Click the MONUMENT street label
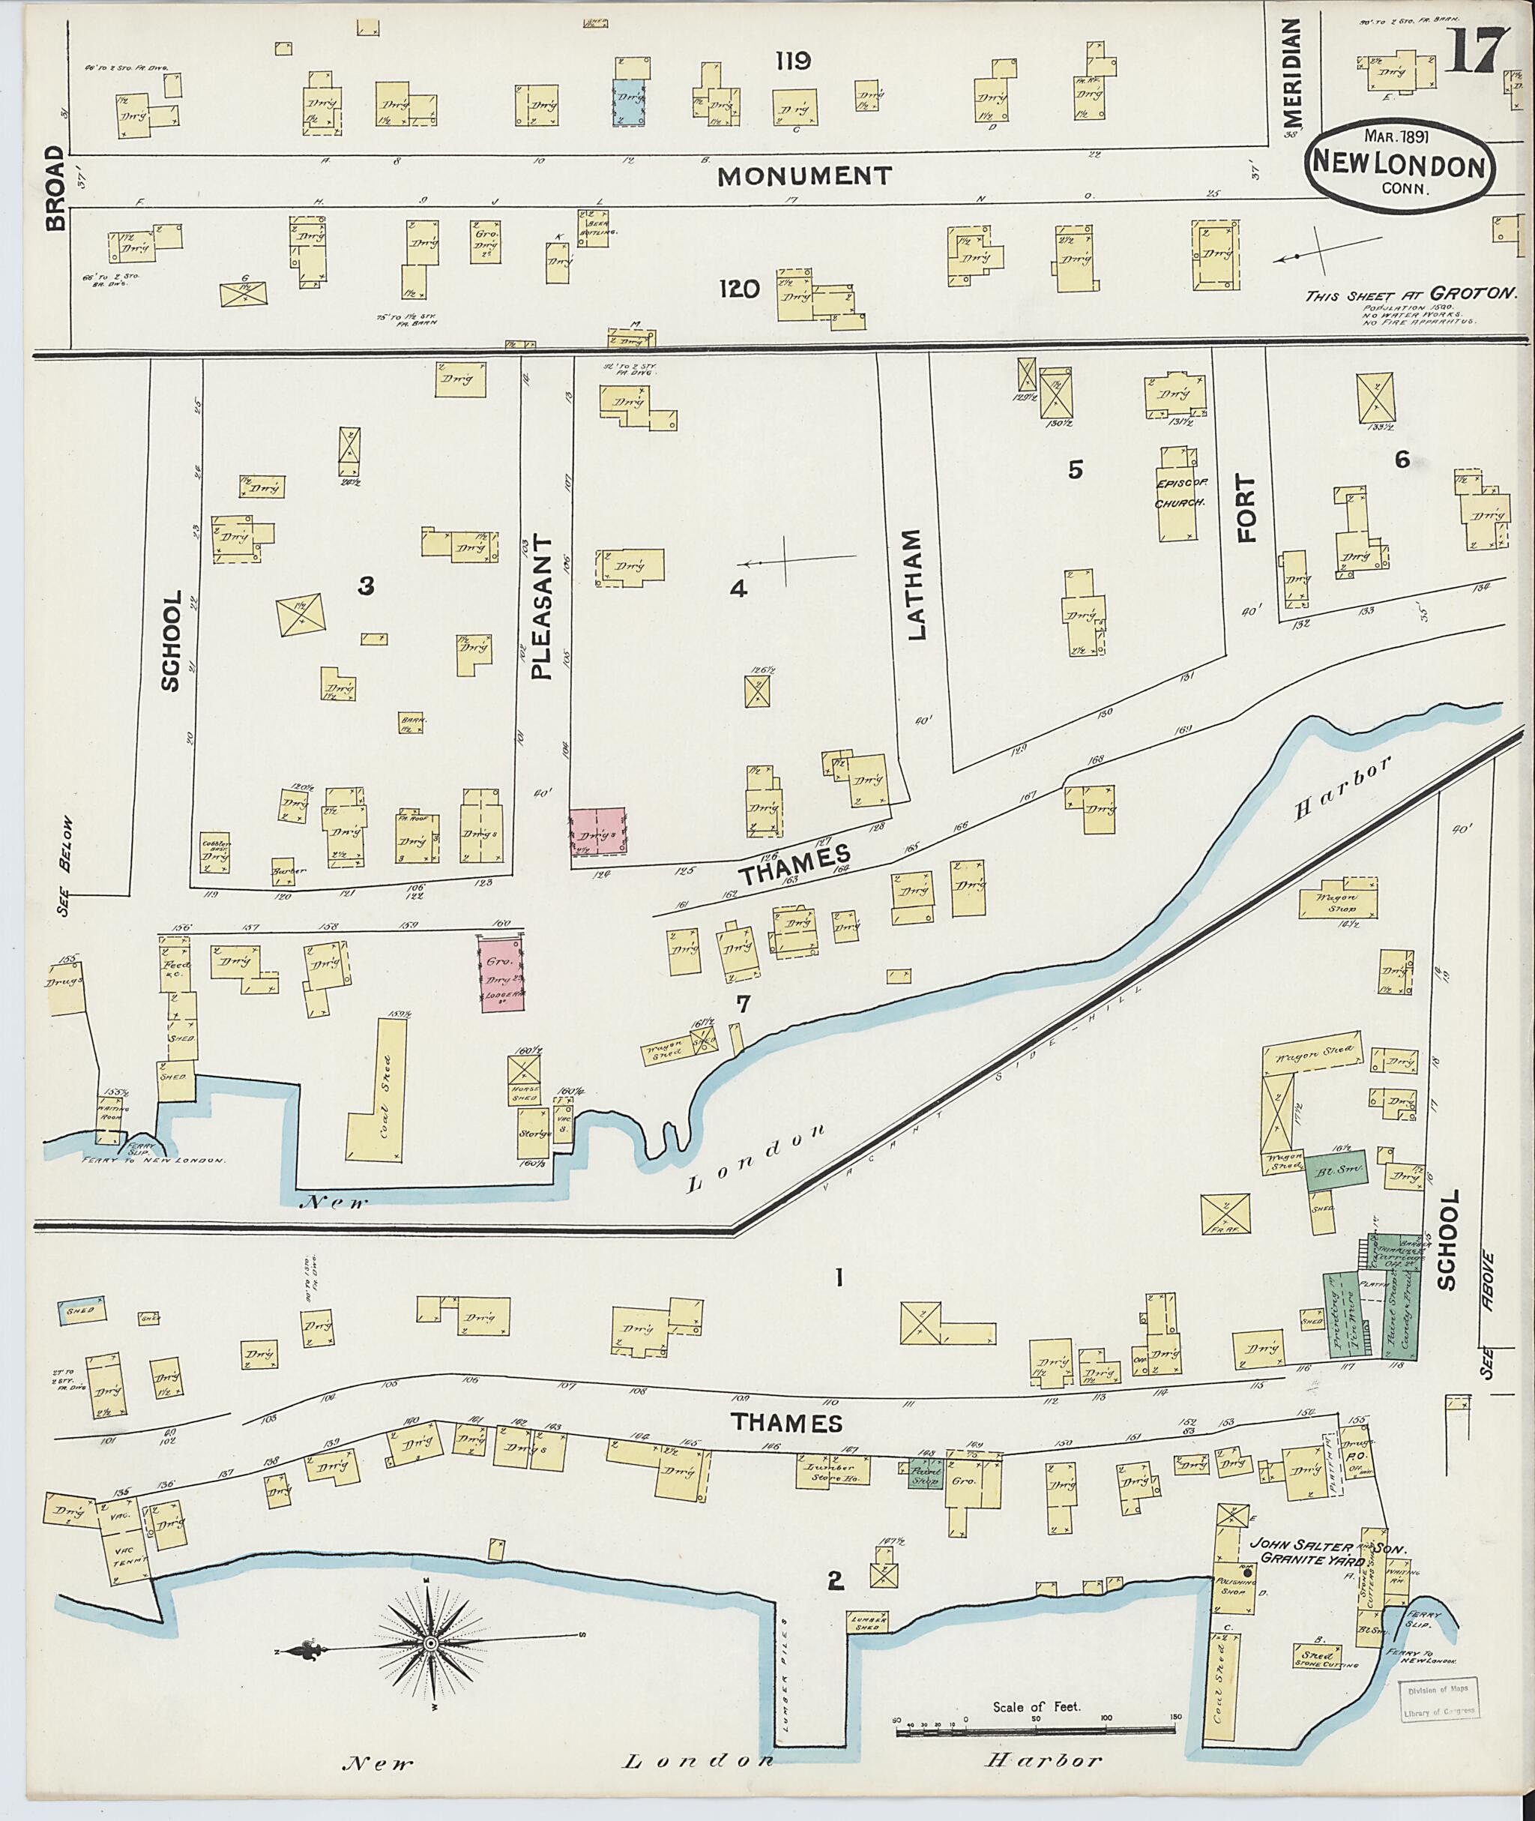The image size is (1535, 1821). pyautogui.click(x=804, y=177)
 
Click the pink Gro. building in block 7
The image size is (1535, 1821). pyautogui.click(x=501, y=974)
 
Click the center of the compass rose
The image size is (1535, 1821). pyautogui.click(x=430, y=1642)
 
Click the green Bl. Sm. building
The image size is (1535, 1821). pyautogui.click(x=1335, y=1172)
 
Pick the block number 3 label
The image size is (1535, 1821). pyautogui.click(x=367, y=587)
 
